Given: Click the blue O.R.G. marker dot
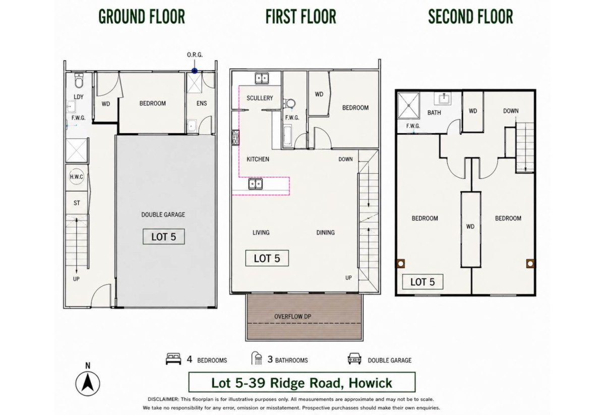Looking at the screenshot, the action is click(x=195, y=71).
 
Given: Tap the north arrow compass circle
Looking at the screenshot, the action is click(x=88, y=383).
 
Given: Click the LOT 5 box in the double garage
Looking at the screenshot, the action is click(x=164, y=237).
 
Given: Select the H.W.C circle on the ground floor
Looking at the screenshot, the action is click(x=76, y=177).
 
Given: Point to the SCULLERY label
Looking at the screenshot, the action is click(x=260, y=98).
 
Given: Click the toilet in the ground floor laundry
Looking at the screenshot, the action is click(x=79, y=81).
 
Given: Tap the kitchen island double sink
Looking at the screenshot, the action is click(x=255, y=184).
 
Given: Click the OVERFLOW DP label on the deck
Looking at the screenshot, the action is click(x=293, y=316).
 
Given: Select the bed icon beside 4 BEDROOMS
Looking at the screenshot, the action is click(x=173, y=359).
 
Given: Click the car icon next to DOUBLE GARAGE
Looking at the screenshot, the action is click(x=354, y=359).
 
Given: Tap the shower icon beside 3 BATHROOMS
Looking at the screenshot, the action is click(x=257, y=358).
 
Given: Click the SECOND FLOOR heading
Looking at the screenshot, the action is click(x=470, y=17).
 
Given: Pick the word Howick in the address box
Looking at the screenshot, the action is click(x=370, y=383).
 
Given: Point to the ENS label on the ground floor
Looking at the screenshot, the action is click(x=202, y=103).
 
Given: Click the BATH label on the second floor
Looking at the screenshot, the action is click(x=434, y=113).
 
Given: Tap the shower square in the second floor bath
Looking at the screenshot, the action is click(x=409, y=105).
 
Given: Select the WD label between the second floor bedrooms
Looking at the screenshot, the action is click(x=470, y=227).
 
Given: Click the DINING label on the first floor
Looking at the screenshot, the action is click(x=326, y=232).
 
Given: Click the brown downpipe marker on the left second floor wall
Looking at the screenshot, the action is click(x=400, y=263).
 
